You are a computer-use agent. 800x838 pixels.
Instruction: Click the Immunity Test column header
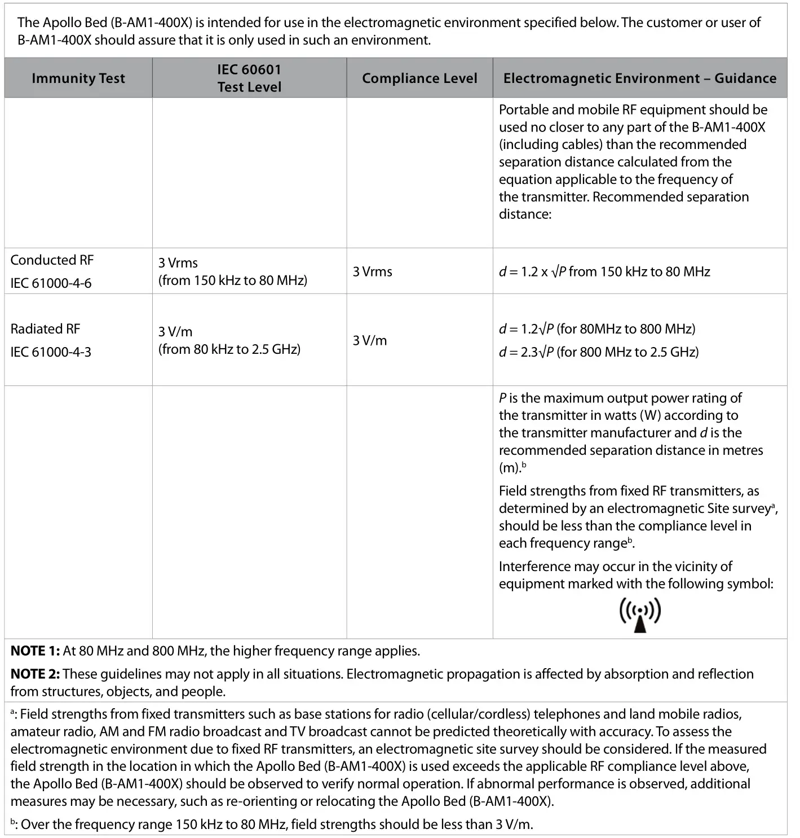point(78,78)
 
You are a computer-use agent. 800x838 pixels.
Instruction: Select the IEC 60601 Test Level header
point(249,78)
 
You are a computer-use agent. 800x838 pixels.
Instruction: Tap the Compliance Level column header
point(419,78)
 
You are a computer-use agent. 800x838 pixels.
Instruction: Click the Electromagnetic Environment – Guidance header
point(640,78)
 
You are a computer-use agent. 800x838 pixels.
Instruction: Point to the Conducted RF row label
point(52,260)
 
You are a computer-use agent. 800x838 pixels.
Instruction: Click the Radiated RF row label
point(45,329)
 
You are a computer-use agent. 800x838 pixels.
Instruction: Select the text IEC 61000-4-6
point(51,283)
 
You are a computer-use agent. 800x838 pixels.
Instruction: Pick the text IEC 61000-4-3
point(51,352)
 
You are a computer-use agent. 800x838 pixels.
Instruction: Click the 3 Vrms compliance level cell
point(372,271)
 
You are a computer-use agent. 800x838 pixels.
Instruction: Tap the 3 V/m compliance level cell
point(370,340)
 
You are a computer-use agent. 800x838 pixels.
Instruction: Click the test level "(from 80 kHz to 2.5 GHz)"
point(229,349)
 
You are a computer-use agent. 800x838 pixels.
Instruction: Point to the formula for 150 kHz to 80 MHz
point(604,271)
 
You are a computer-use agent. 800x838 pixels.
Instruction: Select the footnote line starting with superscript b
point(271,824)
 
